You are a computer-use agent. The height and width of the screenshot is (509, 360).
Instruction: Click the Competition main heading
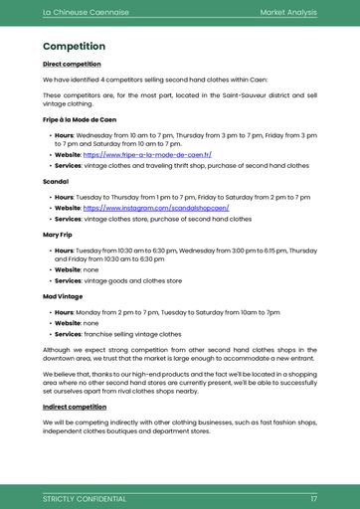74,47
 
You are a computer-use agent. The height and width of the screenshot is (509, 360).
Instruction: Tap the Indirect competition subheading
74,407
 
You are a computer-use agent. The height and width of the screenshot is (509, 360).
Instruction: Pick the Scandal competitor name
56,183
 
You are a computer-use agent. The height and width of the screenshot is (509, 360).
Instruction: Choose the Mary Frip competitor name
58,235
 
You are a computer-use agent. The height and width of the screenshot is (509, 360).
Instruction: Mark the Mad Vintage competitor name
63,297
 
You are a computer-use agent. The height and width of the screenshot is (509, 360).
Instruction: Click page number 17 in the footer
313,498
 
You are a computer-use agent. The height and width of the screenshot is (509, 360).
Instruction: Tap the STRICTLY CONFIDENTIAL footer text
85,498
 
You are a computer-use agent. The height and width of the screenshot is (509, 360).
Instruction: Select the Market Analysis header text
287,12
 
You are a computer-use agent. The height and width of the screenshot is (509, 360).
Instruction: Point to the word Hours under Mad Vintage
65,312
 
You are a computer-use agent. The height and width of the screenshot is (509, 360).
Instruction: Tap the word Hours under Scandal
65,197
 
